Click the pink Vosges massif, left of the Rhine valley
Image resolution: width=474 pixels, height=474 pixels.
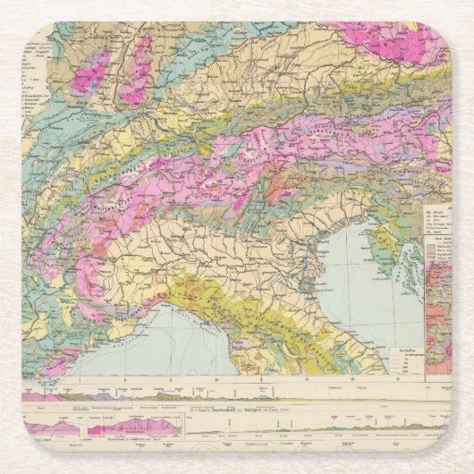pos(90,72)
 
